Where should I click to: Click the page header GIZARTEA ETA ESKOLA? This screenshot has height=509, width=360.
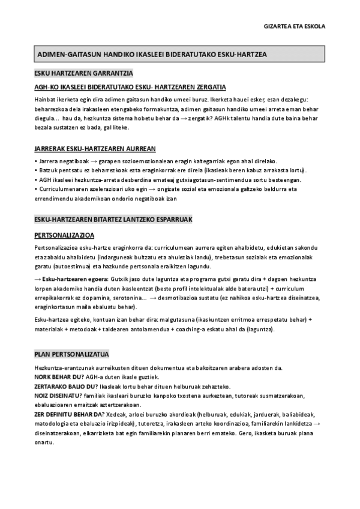(x=295, y=26)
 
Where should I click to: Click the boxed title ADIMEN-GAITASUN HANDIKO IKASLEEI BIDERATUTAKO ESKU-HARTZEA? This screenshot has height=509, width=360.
(x=152, y=55)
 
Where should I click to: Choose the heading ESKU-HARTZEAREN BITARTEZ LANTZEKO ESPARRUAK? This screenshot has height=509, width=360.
(x=113, y=220)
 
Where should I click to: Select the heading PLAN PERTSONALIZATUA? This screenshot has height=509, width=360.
(x=71, y=354)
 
